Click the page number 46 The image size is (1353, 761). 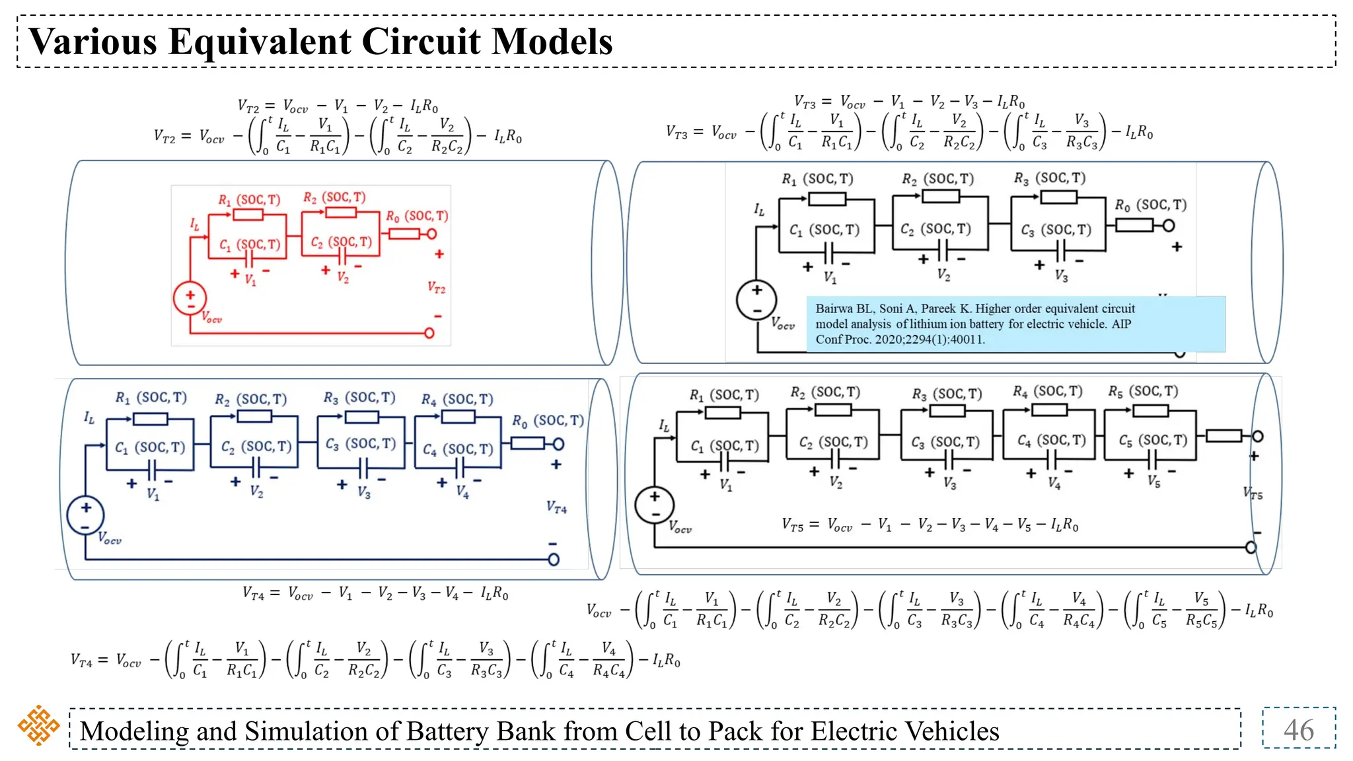click(x=1298, y=730)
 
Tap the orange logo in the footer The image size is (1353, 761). click(x=38, y=725)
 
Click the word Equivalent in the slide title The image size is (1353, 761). click(x=260, y=42)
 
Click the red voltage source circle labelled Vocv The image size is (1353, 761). click(x=190, y=299)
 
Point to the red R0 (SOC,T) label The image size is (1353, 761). click(x=417, y=216)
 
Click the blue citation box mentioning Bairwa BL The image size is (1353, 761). click(x=1015, y=324)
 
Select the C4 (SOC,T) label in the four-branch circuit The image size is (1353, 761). click(x=458, y=449)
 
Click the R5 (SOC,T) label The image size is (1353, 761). click(x=1143, y=391)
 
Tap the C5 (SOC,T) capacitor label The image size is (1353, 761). click(x=1153, y=440)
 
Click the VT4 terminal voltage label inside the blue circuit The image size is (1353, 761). click(x=556, y=507)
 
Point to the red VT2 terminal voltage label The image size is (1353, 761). click(x=436, y=287)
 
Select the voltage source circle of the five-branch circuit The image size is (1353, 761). click(x=654, y=505)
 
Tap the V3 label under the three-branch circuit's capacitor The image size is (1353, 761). click(x=1061, y=275)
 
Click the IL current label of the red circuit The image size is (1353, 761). click(x=194, y=225)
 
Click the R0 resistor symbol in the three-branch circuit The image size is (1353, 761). click(x=1134, y=225)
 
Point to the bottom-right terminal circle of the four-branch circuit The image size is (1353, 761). click(x=554, y=560)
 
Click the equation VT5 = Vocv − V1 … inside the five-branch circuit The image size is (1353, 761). click(x=930, y=525)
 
